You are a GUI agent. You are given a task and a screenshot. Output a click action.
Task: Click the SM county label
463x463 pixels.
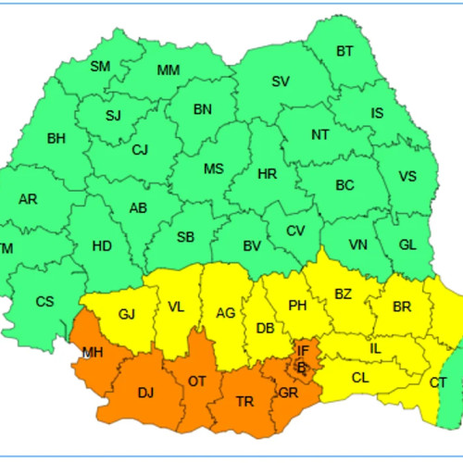pyautogui.click(x=100, y=66)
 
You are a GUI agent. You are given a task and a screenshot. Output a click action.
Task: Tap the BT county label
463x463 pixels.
pyautogui.click(x=344, y=51)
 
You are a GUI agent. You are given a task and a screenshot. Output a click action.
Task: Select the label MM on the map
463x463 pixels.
pyautogui.click(x=169, y=70)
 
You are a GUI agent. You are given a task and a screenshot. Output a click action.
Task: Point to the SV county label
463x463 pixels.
pyautogui.click(x=281, y=81)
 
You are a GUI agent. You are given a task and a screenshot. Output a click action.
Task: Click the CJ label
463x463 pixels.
pyautogui.click(x=140, y=149)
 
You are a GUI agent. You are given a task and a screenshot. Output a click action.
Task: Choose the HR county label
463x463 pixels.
pyautogui.click(x=267, y=173)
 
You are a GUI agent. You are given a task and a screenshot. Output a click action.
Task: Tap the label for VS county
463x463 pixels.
pyautogui.click(x=407, y=177)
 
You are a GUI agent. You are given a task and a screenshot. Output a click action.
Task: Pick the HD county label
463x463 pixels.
pyautogui.click(x=102, y=245)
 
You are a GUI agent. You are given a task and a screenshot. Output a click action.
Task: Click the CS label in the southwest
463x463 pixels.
pyautogui.click(x=45, y=301)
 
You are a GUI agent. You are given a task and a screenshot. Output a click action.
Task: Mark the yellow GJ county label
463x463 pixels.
pyautogui.click(x=127, y=314)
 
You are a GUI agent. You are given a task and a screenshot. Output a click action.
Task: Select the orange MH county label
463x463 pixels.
pyautogui.click(x=93, y=353)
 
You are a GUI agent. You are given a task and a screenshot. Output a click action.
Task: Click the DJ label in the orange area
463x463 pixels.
pyautogui.click(x=145, y=393)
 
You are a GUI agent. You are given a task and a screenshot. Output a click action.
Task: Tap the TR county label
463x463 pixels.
pyautogui.click(x=245, y=401)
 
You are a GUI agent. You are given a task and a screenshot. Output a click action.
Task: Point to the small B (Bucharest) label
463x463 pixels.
pyautogui.click(x=300, y=367)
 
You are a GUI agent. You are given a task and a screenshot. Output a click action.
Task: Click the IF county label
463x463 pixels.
pyautogui.click(x=303, y=350)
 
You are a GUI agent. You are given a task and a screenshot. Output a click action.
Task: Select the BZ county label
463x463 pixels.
pyautogui.click(x=343, y=294)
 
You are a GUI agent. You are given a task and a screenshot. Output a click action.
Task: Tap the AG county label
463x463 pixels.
pyautogui.click(x=225, y=313)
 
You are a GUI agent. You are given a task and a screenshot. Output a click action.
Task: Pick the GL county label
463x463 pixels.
pyautogui.click(x=407, y=244)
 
